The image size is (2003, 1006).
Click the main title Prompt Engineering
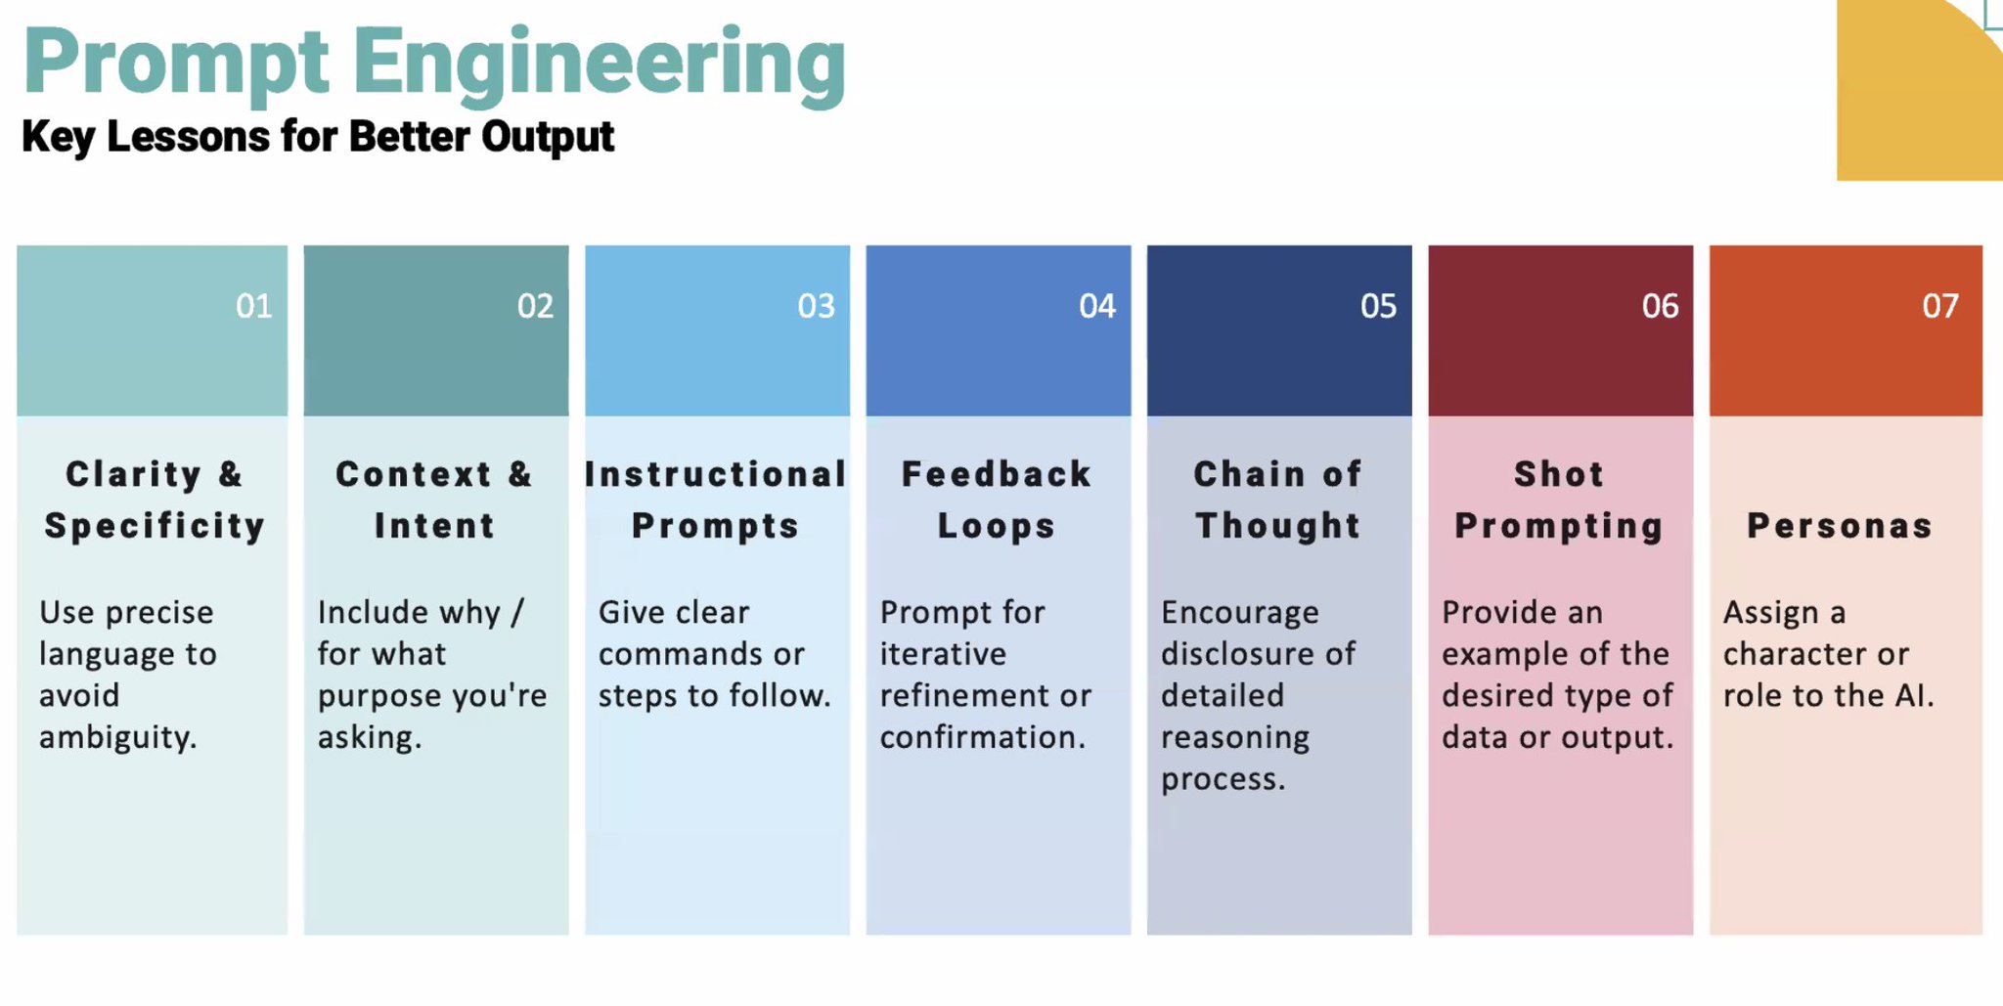(x=434, y=66)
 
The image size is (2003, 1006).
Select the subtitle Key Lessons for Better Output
(x=318, y=137)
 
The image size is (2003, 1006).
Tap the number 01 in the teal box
(x=254, y=306)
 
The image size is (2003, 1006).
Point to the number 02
(x=535, y=306)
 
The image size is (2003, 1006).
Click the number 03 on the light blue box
(x=817, y=306)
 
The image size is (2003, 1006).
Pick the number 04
(x=1097, y=306)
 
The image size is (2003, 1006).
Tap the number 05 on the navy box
(x=1379, y=306)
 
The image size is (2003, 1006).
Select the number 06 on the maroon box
(x=1661, y=306)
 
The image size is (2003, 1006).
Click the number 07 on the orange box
(x=1940, y=306)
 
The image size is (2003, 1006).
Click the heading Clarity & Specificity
(x=155, y=500)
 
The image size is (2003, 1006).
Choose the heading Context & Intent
(x=435, y=500)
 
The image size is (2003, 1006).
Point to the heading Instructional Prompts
(x=716, y=500)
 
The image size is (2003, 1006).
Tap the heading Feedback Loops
(x=997, y=500)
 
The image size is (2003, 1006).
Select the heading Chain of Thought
(x=1278, y=500)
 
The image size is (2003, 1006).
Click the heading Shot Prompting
(x=1559, y=500)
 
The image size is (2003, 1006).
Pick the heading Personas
(x=1841, y=526)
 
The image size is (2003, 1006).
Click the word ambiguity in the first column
(x=118, y=738)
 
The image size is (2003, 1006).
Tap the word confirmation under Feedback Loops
(x=983, y=737)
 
